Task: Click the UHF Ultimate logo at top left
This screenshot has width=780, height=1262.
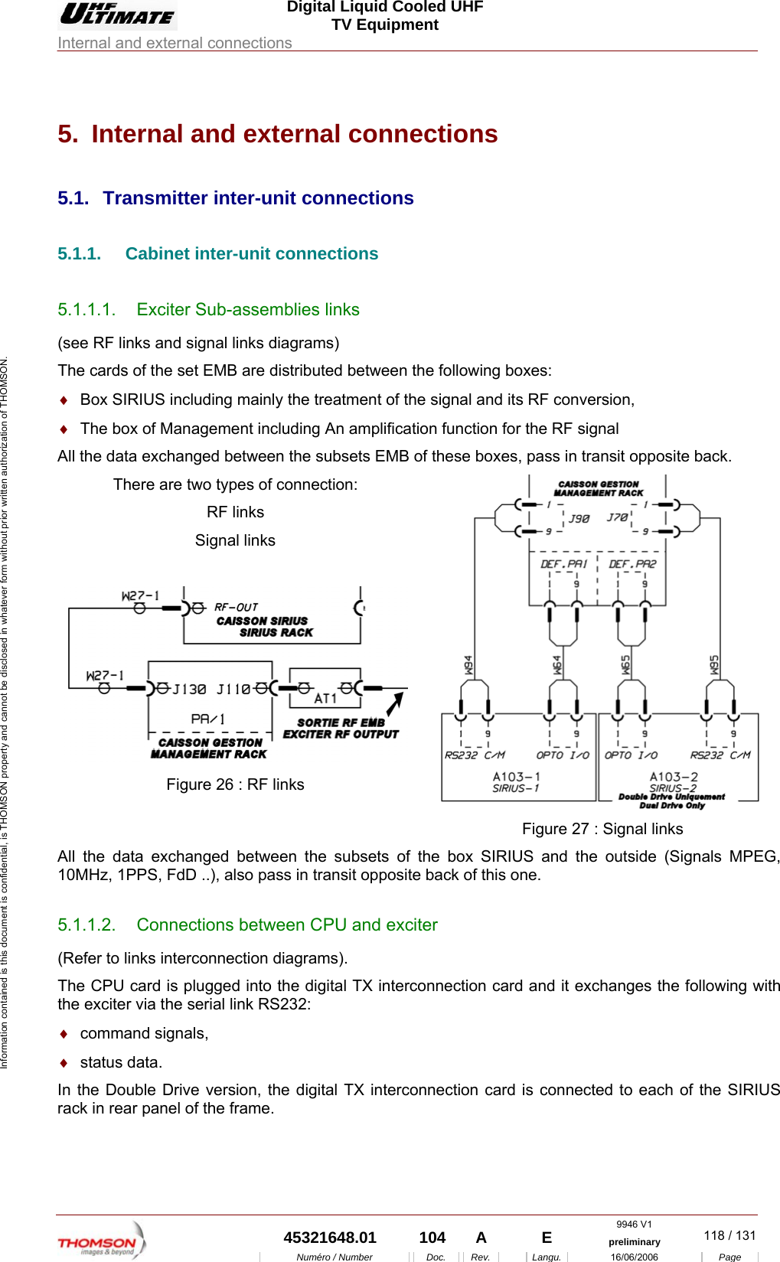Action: pyautogui.click(x=117, y=14)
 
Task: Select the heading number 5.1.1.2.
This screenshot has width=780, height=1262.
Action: pyautogui.click(x=86, y=924)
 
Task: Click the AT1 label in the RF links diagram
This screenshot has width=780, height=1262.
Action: pyautogui.click(x=325, y=698)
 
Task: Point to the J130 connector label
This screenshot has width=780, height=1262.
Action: pyautogui.click(x=189, y=690)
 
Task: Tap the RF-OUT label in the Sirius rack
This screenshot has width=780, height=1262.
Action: pyautogui.click(x=236, y=607)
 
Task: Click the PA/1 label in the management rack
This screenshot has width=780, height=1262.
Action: pyautogui.click(x=207, y=719)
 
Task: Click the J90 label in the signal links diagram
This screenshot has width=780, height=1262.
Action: pyautogui.click(x=579, y=518)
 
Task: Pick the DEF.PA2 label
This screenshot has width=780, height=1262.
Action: pyautogui.click(x=632, y=564)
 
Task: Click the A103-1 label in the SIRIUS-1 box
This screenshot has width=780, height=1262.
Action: pyautogui.click(x=516, y=776)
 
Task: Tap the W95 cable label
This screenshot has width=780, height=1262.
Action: pyautogui.click(x=714, y=664)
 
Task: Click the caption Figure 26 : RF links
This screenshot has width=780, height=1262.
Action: pyautogui.click(x=235, y=784)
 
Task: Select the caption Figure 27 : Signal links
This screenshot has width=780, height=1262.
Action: pyautogui.click(x=602, y=829)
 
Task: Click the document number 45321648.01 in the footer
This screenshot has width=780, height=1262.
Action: pyautogui.click(x=330, y=1238)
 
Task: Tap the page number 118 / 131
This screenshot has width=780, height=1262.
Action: pyautogui.click(x=729, y=1235)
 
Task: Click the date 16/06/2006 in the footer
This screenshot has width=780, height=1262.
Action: pyautogui.click(x=634, y=1257)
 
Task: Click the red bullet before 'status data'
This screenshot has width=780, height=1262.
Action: pyautogui.click(x=64, y=1063)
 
